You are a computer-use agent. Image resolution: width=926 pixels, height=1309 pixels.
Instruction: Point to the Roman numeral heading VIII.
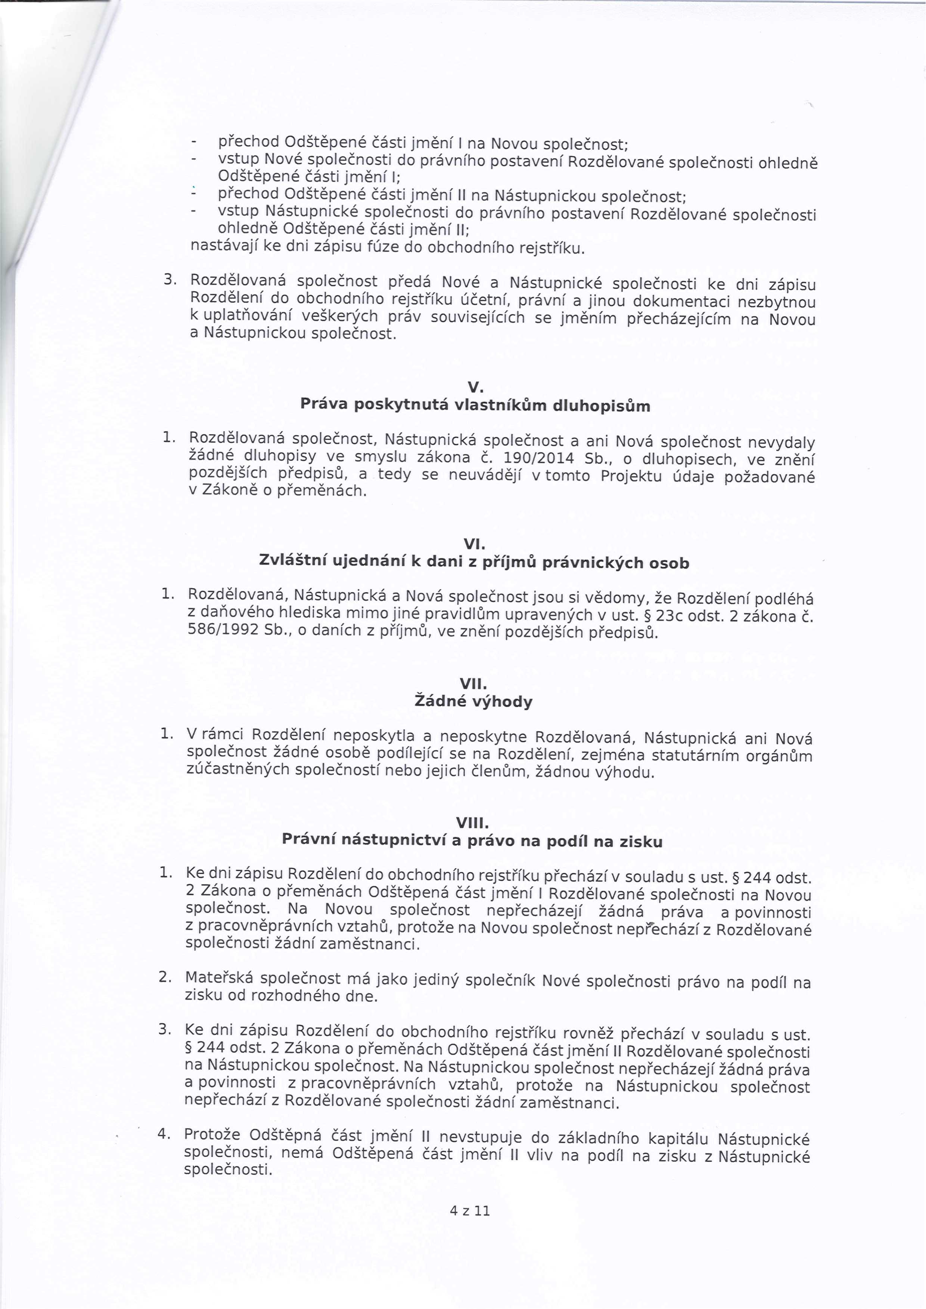pos(473,823)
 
